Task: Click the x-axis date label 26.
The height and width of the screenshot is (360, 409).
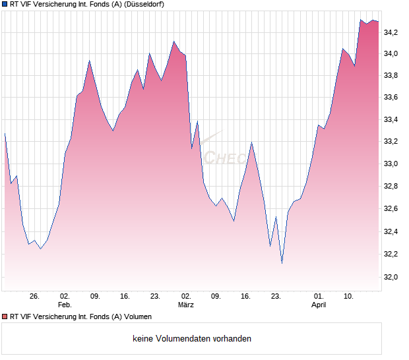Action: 35,296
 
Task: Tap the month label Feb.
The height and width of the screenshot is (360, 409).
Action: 64,305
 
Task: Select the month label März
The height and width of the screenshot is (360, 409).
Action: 186,305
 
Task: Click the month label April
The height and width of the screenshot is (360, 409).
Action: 319,305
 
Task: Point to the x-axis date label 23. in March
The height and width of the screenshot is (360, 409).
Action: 276,296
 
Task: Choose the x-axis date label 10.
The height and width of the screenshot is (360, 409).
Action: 349,296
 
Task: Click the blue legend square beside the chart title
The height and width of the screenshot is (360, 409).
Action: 5,4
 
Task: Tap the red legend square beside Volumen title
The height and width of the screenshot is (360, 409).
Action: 5,316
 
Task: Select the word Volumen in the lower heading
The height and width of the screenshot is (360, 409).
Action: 137,316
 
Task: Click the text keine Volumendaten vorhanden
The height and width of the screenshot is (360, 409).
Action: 192,339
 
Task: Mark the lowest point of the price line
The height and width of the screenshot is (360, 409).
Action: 282,263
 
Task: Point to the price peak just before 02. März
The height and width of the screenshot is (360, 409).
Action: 174,42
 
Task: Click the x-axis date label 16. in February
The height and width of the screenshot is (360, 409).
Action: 125,296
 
